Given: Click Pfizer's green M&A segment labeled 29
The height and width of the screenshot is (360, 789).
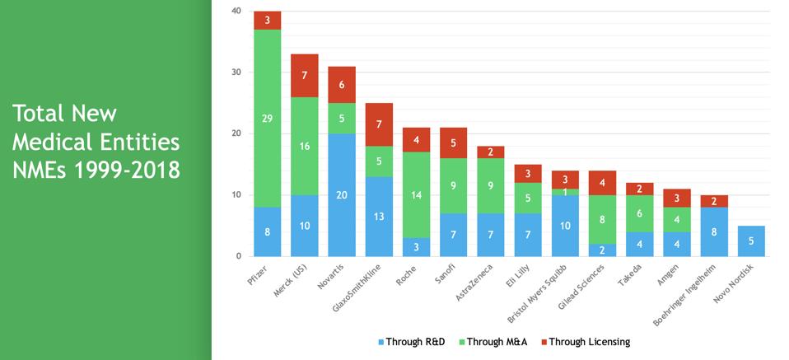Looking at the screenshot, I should click(268, 118).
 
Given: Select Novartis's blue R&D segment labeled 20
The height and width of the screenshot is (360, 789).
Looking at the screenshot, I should click(341, 194).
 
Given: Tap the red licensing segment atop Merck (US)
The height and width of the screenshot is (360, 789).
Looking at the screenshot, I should click(305, 75).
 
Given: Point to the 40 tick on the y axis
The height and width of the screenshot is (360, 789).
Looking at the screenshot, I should click(236, 12).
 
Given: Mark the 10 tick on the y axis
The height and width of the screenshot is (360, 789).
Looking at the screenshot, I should click(236, 195).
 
